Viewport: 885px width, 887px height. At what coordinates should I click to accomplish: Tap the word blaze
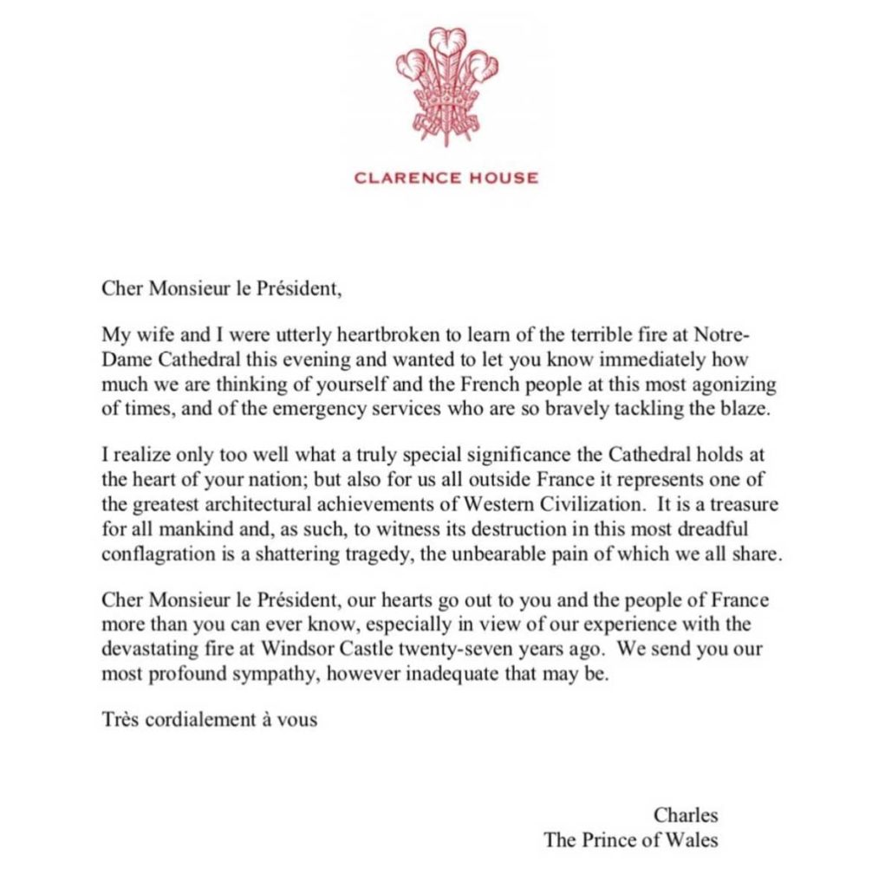tap(746, 409)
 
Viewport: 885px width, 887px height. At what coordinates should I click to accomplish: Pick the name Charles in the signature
tap(686, 814)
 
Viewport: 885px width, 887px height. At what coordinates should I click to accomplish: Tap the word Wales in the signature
tap(693, 838)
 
